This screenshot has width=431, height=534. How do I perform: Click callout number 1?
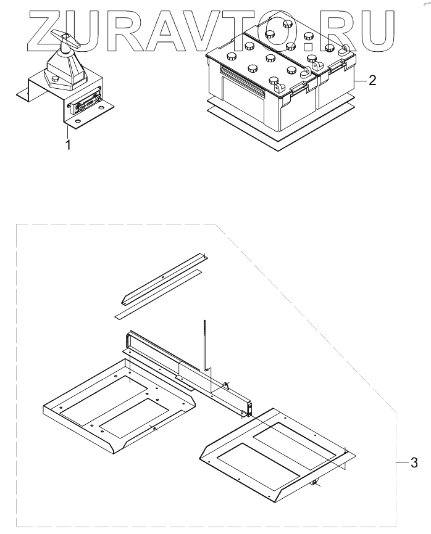pyautogui.click(x=68, y=146)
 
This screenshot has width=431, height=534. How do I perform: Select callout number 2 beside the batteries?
pyautogui.click(x=372, y=81)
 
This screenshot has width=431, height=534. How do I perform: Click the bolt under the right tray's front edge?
pyautogui.click(x=315, y=483)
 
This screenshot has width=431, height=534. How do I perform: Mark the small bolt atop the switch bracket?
pyautogui.click(x=55, y=79)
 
